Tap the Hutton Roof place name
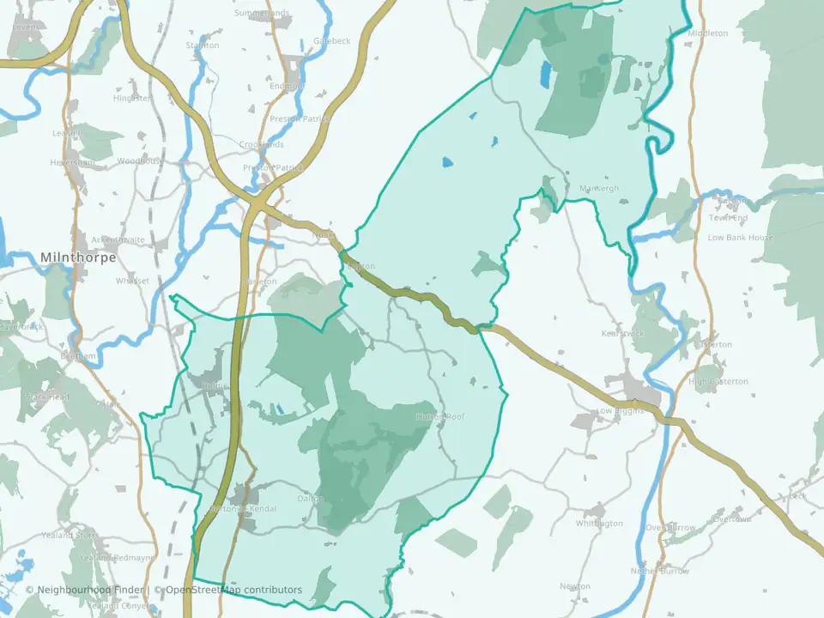(x=439, y=417)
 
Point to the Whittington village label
(x=599, y=524)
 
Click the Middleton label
(x=707, y=33)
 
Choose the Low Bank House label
(x=740, y=238)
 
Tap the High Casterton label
(x=718, y=382)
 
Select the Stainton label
(x=203, y=45)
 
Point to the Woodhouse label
(x=140, y=161)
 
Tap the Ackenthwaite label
(x=118, y=240)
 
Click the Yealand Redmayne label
(x=117, y=558)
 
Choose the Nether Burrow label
(x=660, y=571)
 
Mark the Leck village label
(x=797, y=496)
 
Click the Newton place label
(x=575, y=587)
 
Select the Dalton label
(x=309, y=499)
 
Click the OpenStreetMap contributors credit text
(x=233, y=590)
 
